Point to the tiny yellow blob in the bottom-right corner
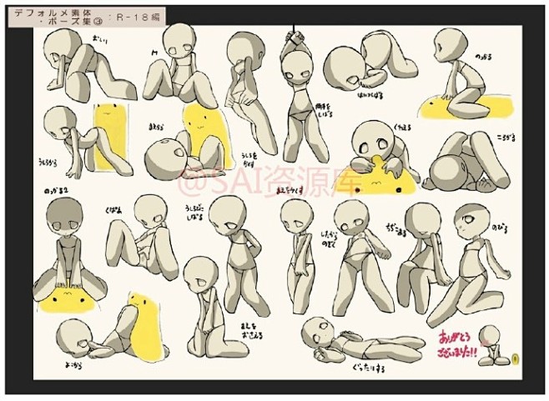(x=516, y=359)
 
